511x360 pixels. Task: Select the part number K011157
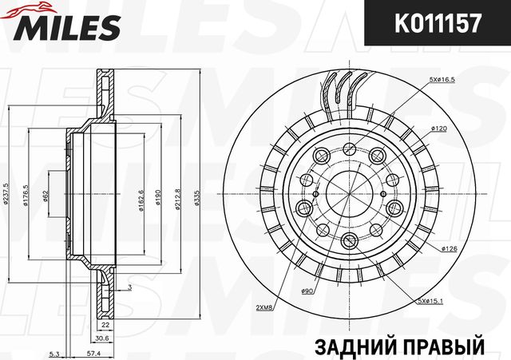pyautogui.click(x=434, y=24)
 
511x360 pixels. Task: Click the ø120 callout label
pyautogui.click(x=438, y=129)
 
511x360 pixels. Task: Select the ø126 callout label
pyautogui.click(x=448, y=249)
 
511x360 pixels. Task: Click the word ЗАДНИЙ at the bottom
pyautogui.click(x=351, y=348)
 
